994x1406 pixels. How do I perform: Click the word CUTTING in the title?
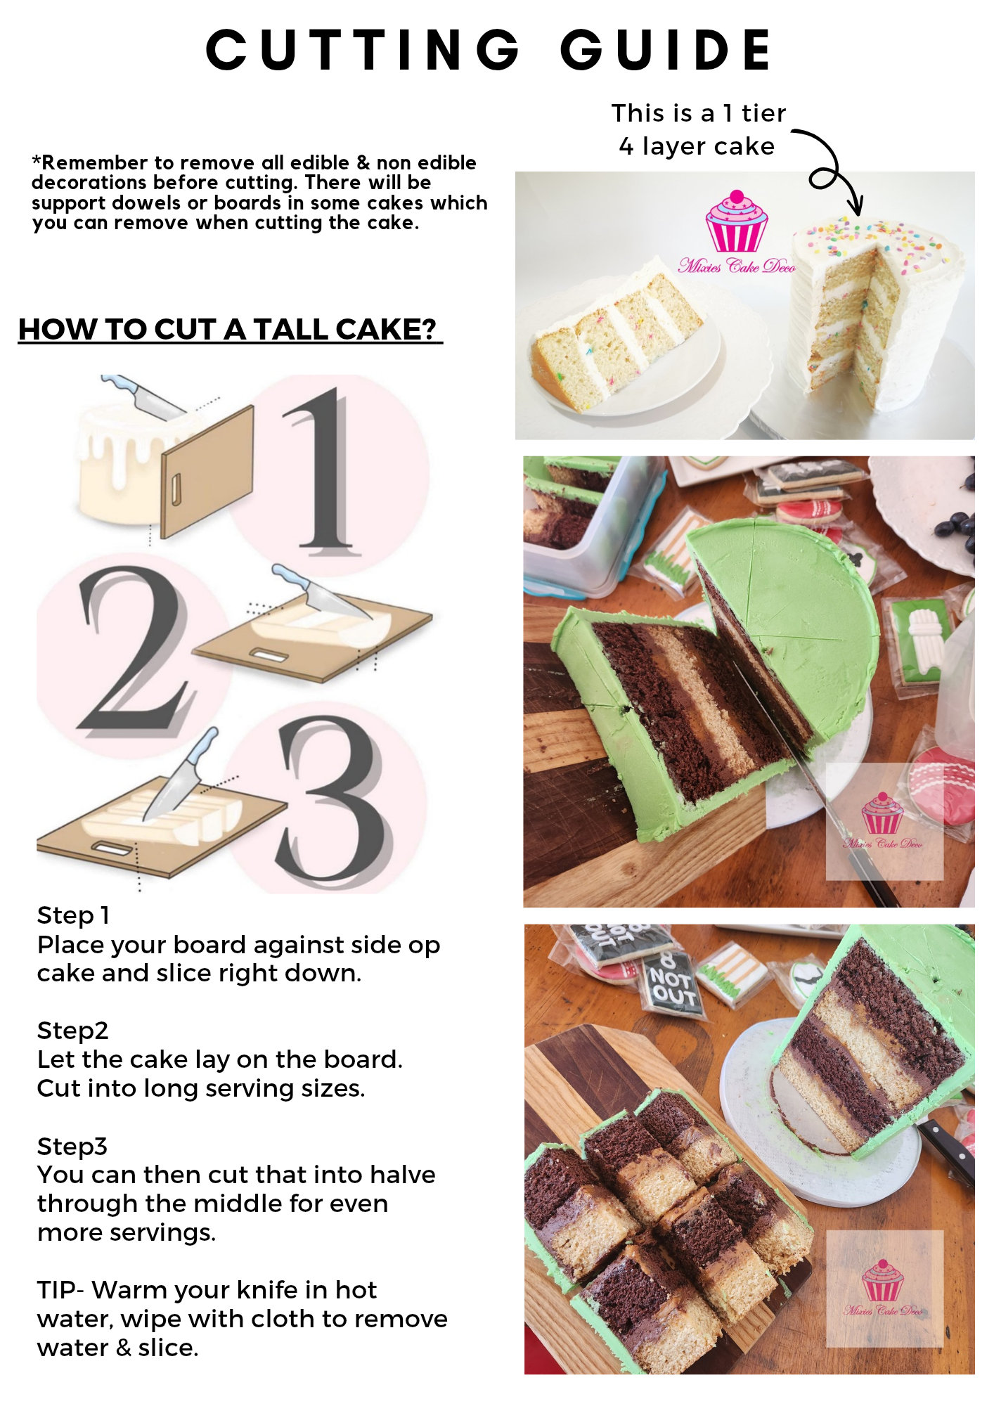(x=363, y=50)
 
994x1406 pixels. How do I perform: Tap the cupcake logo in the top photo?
(x=737, y=221)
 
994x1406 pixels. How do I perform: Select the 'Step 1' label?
(x=73, y=915)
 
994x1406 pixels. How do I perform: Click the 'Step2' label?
(x=72, y=1031)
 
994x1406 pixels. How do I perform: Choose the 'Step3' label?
(x=72, y=1146)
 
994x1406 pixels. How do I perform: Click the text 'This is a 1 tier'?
(x=698, y=113)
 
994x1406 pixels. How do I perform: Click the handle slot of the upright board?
(x=176, y=489)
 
